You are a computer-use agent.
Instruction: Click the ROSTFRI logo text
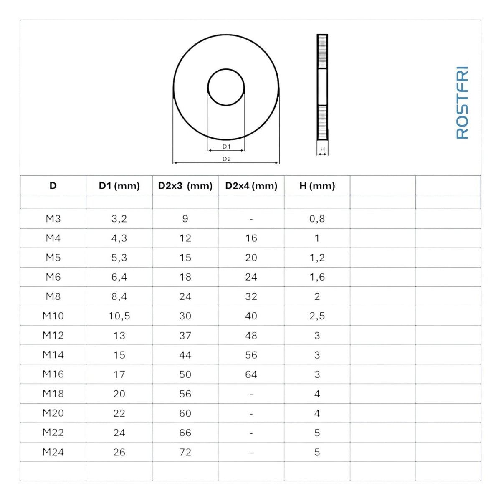[462, 103]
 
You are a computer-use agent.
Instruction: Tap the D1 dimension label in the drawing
[226, 147]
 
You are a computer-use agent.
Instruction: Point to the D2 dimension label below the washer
[226, 159]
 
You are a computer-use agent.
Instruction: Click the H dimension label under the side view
[323, 149]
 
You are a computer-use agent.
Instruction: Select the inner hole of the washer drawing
[226, 69]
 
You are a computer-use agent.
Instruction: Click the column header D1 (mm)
[119, 186]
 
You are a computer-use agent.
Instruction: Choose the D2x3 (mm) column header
[185, 186]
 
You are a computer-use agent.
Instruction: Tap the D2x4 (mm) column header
[251, 186]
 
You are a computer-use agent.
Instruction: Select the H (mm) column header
[317, 186]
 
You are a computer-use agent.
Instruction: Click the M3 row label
[53, 219]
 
